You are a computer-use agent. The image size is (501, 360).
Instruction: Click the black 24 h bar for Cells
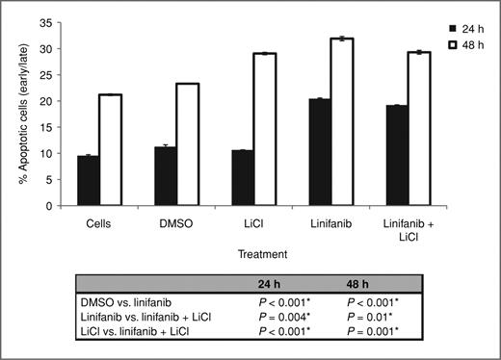coord(88,180)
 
